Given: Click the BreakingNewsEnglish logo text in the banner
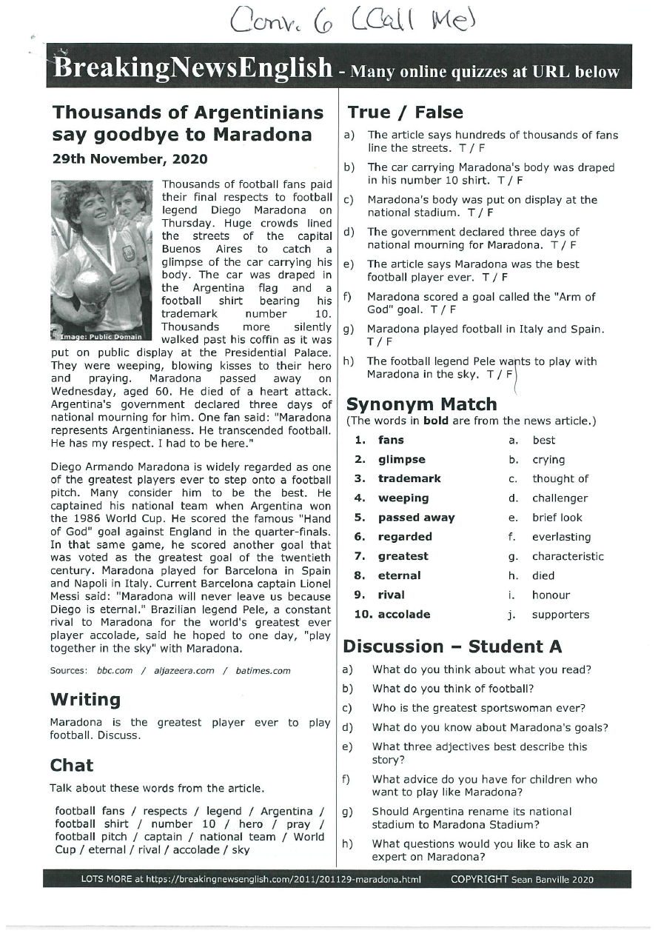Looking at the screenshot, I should pyautogui.click(x=193, y=69).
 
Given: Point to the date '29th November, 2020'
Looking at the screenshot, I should pyautogui.click(x=130, y=159).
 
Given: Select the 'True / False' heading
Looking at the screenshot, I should pyautogui.click(x=405, y=113).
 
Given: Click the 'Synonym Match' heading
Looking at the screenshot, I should pyautogui.click(x=421, y=404).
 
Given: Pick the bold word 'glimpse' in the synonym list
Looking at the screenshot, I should pyautogui.click(x=401, y=460).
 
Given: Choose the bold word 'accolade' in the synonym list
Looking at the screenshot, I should pyautogui.click(x=403, y=615).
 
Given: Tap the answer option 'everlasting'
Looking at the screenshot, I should pyautogui.click(x=561, y=537).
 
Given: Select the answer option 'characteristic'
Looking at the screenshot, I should pyautogui.click(x=567, y=556).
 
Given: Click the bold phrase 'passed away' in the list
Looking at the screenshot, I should pyautogui.click(x=416, y=518).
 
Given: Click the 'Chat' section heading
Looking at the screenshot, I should pyautogui.click(x=71, y=765).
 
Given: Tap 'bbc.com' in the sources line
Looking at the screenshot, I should pyautogui.click(x=115, y=671).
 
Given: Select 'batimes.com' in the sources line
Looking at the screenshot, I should pyautogui.click(x=263, y=671).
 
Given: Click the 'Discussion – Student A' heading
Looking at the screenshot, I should pyautogui.click(x=452, y=646).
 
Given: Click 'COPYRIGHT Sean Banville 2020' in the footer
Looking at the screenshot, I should pyautogui.click(x=522, y=880).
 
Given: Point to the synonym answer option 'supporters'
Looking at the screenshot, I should pyautogui.click(x=560, y=615).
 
